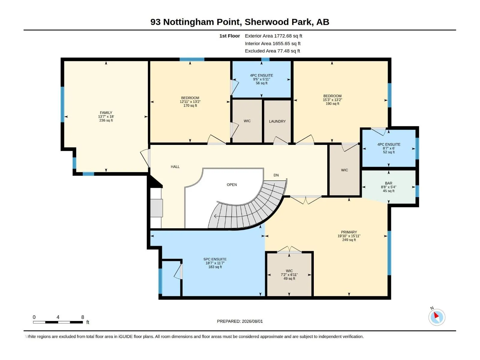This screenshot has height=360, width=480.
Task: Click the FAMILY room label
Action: [106, 113]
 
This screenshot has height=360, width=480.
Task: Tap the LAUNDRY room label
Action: [277, 121]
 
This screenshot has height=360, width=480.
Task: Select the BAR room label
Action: [388, 183]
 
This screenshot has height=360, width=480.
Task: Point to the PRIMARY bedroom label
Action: [349, 232]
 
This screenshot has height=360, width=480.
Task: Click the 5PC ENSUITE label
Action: [215, 259]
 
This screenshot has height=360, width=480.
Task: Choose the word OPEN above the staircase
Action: [232, 185]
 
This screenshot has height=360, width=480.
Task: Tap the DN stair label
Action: [276, 175]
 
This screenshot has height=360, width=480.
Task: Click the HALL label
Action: [175, 167]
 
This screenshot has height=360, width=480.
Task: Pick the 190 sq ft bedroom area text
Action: [332, 103]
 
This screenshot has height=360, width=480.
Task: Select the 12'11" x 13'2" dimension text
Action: [190, 102]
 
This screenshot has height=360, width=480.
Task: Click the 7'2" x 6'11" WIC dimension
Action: [289, 275]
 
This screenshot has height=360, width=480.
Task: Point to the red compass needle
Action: [436, 315]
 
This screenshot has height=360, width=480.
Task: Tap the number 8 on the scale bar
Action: [83, 317]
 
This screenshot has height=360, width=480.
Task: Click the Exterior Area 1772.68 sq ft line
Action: [273, 36]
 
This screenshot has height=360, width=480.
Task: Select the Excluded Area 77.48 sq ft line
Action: [272, 51]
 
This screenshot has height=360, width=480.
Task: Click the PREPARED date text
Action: [240, 321]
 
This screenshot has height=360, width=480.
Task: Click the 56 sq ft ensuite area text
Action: [262, 83]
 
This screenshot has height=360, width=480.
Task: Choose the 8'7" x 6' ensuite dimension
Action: [388, 148]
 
